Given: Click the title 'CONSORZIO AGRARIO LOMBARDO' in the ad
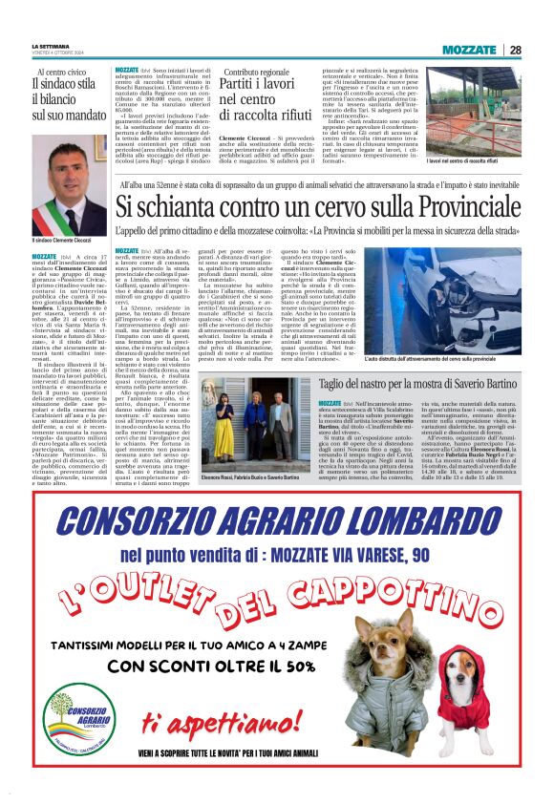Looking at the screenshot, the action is [276, 522].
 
